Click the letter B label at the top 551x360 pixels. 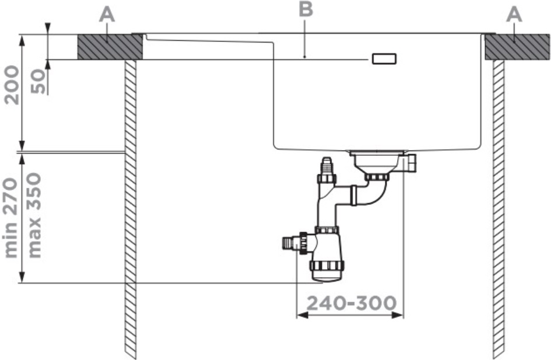pos(306,9)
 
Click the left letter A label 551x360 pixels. pos(107,16)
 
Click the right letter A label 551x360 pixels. pos(514,16)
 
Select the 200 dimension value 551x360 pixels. pos(11,85)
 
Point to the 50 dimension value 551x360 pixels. pos(38,81)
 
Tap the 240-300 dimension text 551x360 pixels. pos(352,303)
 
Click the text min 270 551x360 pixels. pos(11,218)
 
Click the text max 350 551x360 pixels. pos(34,215)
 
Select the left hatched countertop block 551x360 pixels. pos(110,47)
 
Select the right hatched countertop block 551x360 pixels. pos(517,47)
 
